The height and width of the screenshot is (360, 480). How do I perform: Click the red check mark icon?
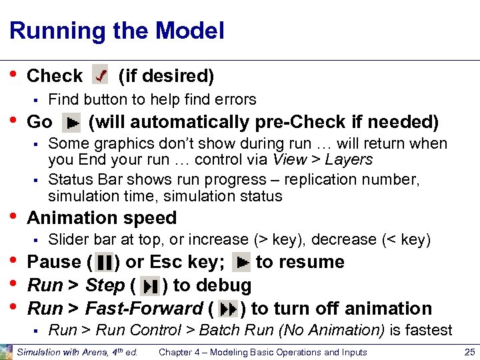[100, 76]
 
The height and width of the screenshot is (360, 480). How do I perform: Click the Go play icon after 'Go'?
[71, 123]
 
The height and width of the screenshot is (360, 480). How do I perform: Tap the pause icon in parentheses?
[105, 262]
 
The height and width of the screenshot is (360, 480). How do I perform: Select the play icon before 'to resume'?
[241, 262]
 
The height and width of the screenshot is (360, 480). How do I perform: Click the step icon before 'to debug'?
[151, 286]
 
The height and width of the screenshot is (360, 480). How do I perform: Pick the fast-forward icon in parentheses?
[228, 309]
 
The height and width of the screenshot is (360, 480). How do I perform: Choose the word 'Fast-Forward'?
[143, 309]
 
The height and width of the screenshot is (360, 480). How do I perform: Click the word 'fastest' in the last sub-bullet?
[429, 330]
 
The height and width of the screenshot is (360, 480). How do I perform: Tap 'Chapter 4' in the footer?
[180, 352]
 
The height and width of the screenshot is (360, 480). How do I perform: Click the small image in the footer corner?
[6, 352]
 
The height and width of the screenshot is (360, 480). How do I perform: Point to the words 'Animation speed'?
[101, 218]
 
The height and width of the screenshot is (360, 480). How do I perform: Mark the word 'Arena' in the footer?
[88, 352]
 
